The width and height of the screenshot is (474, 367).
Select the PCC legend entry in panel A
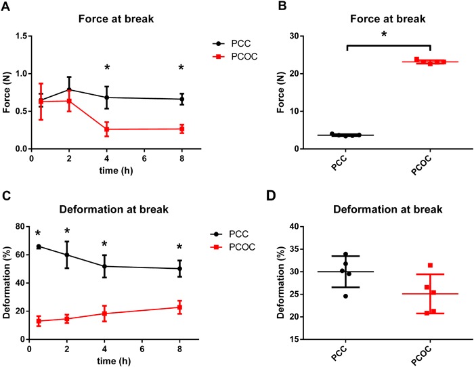pyautogui.click(x=225, y=41)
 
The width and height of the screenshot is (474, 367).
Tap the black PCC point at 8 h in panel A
pyautogui.click(x=181, y=99)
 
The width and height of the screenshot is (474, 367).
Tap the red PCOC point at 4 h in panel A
pyautogui.click(x=106, y=129)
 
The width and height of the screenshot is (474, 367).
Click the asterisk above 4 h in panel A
pyautogui.click(x=106, y=68)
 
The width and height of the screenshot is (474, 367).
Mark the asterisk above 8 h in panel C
pyautogui.click(x=181, y=246)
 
